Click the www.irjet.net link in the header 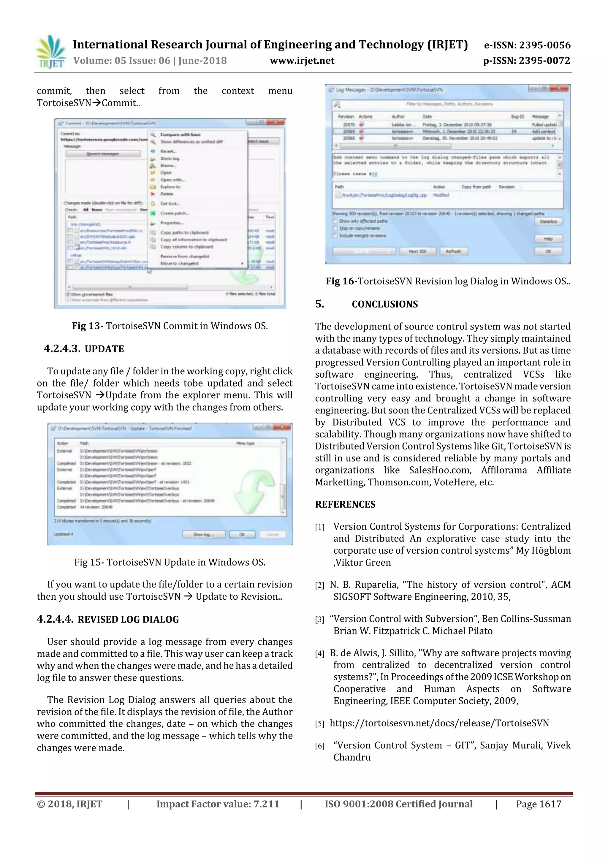pyautogui.click(x=302, y=61)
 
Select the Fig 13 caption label pyautogui.click(x=88, y=326)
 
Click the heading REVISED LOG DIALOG pyautogui.click(x=128, y=619)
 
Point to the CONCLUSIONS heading pyautogui.click(x=384, y=304)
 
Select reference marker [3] pyautogui.click(x=319, y=620)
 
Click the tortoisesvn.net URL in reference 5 pyautogui.click(x=439, y=723)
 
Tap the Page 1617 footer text pyautogui.click(x=538, y=804)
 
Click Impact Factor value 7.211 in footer pyautogui.click(x=218, y=804)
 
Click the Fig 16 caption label pyautogui.click(x=341, y=281)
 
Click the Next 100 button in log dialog pyautogui.click(x=417, y=251)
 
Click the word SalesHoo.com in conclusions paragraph pyautogui.click(x=439, y=470)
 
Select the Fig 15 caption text pyautogui.click(x=170, y=562)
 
